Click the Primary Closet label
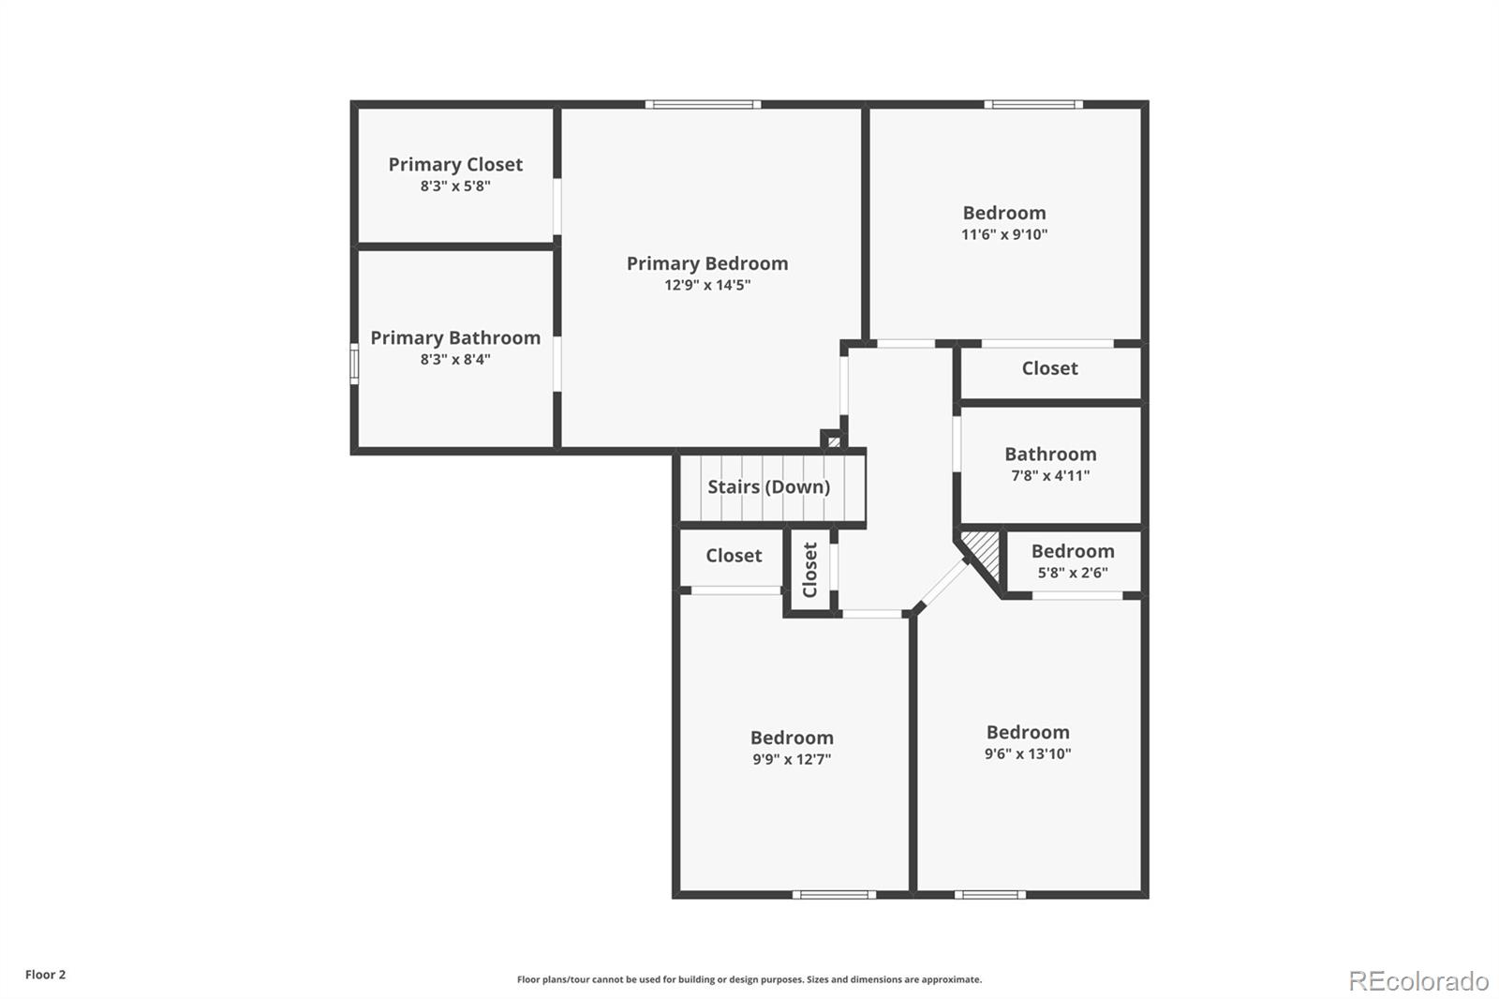coord(455,164)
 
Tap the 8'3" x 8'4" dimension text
coord(455,360)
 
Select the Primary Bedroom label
coord(707,263)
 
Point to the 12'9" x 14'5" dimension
coord(707,285)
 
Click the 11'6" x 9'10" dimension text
coord(1004,234)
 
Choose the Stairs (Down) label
coord(769,486)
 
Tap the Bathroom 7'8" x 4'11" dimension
coord(1050,475)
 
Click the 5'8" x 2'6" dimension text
coord(1073,573)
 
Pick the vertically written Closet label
coord(809,570)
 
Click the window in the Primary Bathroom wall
coord(354,364)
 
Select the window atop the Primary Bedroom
coord(703,104)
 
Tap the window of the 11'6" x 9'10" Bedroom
coord(1033,104)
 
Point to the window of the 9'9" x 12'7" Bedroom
coord(834,895)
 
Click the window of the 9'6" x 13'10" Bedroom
coord(989,895)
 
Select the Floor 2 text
coord(46,975)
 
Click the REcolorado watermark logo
coord(1418,981)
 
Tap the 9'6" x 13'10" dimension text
coord(1028,754)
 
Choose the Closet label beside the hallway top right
coord(1050,368)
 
